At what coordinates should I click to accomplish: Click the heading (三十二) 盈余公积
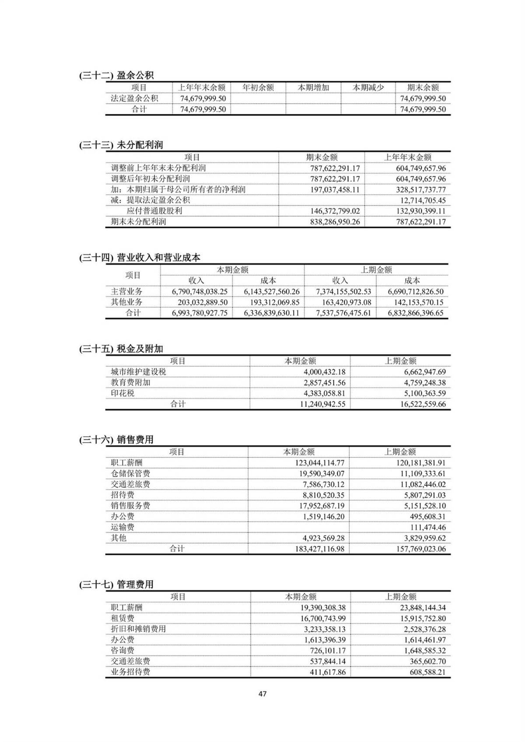(x=116, y=75)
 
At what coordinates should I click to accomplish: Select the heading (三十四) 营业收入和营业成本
(x=140, y=258)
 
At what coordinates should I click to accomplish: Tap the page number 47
(x=262, y=693)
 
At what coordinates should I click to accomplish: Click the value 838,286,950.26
(x=335, y=222)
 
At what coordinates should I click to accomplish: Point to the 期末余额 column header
(x=423, y=87)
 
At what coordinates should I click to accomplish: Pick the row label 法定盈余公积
(x=134, y=98)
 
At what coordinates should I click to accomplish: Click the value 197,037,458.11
(x=335, y=189)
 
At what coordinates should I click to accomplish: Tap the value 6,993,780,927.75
(x=199, y=313)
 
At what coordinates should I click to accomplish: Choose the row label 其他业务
(x=126, y=302)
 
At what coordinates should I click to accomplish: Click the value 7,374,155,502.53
(x=343, y=291)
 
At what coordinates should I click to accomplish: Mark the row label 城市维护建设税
(x=138, y=372)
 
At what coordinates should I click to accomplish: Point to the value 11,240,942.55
(x=322, y=404)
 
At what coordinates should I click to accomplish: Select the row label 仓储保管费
(x=130, y=473)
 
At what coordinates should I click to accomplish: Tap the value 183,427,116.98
(x=319, y=549)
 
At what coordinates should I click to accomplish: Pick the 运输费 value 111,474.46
(x=428, y=527)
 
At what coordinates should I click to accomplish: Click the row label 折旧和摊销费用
(x=138, y=629)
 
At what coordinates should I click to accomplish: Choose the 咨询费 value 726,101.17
(x=328, y=651)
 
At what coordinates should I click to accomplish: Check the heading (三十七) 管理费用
(x=116, y=585)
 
